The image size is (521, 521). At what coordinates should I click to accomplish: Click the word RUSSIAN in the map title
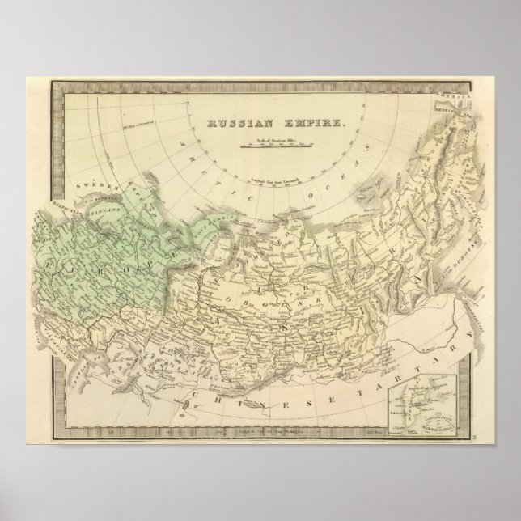235,125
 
